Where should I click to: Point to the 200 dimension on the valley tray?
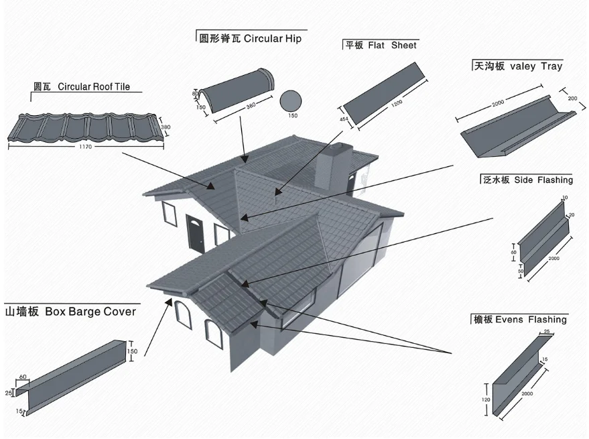(572, 98)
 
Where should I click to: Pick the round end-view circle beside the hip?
(291, 101)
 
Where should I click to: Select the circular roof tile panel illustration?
(84, 127)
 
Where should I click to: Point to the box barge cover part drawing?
(74, 379)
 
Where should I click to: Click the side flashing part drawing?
(543, 238)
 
